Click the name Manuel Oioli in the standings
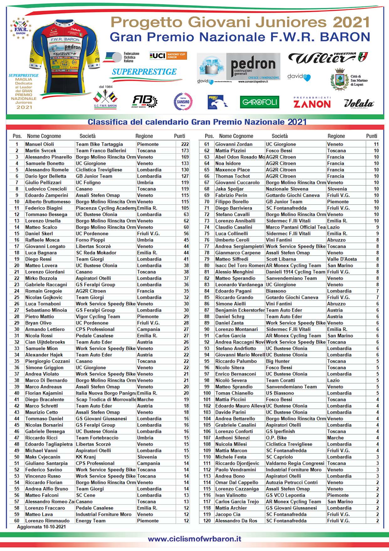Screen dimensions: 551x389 [39, 144]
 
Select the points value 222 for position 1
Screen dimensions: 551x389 [185, 144]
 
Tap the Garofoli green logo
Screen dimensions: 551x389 [259, 102]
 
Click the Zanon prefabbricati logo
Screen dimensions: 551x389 [312, 103]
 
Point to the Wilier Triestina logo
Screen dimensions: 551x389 [328, 58]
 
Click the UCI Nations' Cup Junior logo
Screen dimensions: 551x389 [168, 56]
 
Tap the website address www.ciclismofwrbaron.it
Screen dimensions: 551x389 [194, 539]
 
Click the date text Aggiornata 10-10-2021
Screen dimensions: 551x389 [41, 527]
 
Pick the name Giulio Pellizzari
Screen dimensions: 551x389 [43, 182]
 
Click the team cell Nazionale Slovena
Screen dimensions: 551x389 [287, 189]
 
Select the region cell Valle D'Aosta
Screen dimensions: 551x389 [342, 259]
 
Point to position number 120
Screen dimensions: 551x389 [207, 521]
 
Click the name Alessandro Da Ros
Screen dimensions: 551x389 [236, 521]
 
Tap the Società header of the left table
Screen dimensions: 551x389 [87, 136]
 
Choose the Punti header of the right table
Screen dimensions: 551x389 [371, 136]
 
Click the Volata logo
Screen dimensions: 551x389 [359, 104]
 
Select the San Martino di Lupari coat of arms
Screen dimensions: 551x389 [340, 80]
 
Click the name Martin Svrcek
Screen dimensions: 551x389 [41, 151]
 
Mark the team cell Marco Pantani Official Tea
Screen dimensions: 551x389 [296, 227]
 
